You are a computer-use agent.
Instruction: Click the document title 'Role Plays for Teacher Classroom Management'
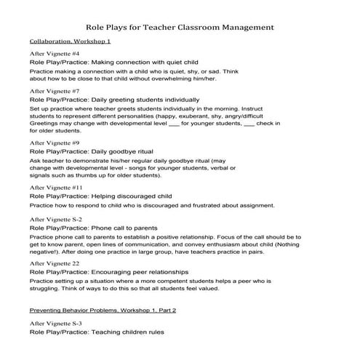tap(180, 28)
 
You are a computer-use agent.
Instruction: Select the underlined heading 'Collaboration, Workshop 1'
tap(75, 43)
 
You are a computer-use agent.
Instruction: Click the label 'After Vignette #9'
tap(55, 144)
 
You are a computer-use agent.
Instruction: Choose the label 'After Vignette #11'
tap(57, 188)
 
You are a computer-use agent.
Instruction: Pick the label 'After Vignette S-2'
tap(56, 219)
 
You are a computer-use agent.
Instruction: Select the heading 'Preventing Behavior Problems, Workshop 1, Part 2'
tap(103, 310)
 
